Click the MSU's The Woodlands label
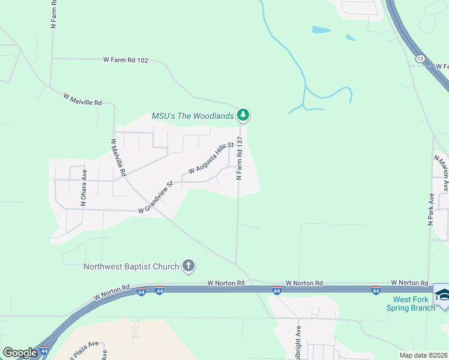coord(192,116)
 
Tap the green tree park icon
coord(243,114)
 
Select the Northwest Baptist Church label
coord(131,266)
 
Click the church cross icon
coord(188,266)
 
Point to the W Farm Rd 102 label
coord(125,60)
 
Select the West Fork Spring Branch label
coord(414,304)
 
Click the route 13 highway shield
coord(420,58)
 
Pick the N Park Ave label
coord(430,209)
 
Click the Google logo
coord(20,353)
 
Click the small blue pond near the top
coord(321,29)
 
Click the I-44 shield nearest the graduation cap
coord(375,291)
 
